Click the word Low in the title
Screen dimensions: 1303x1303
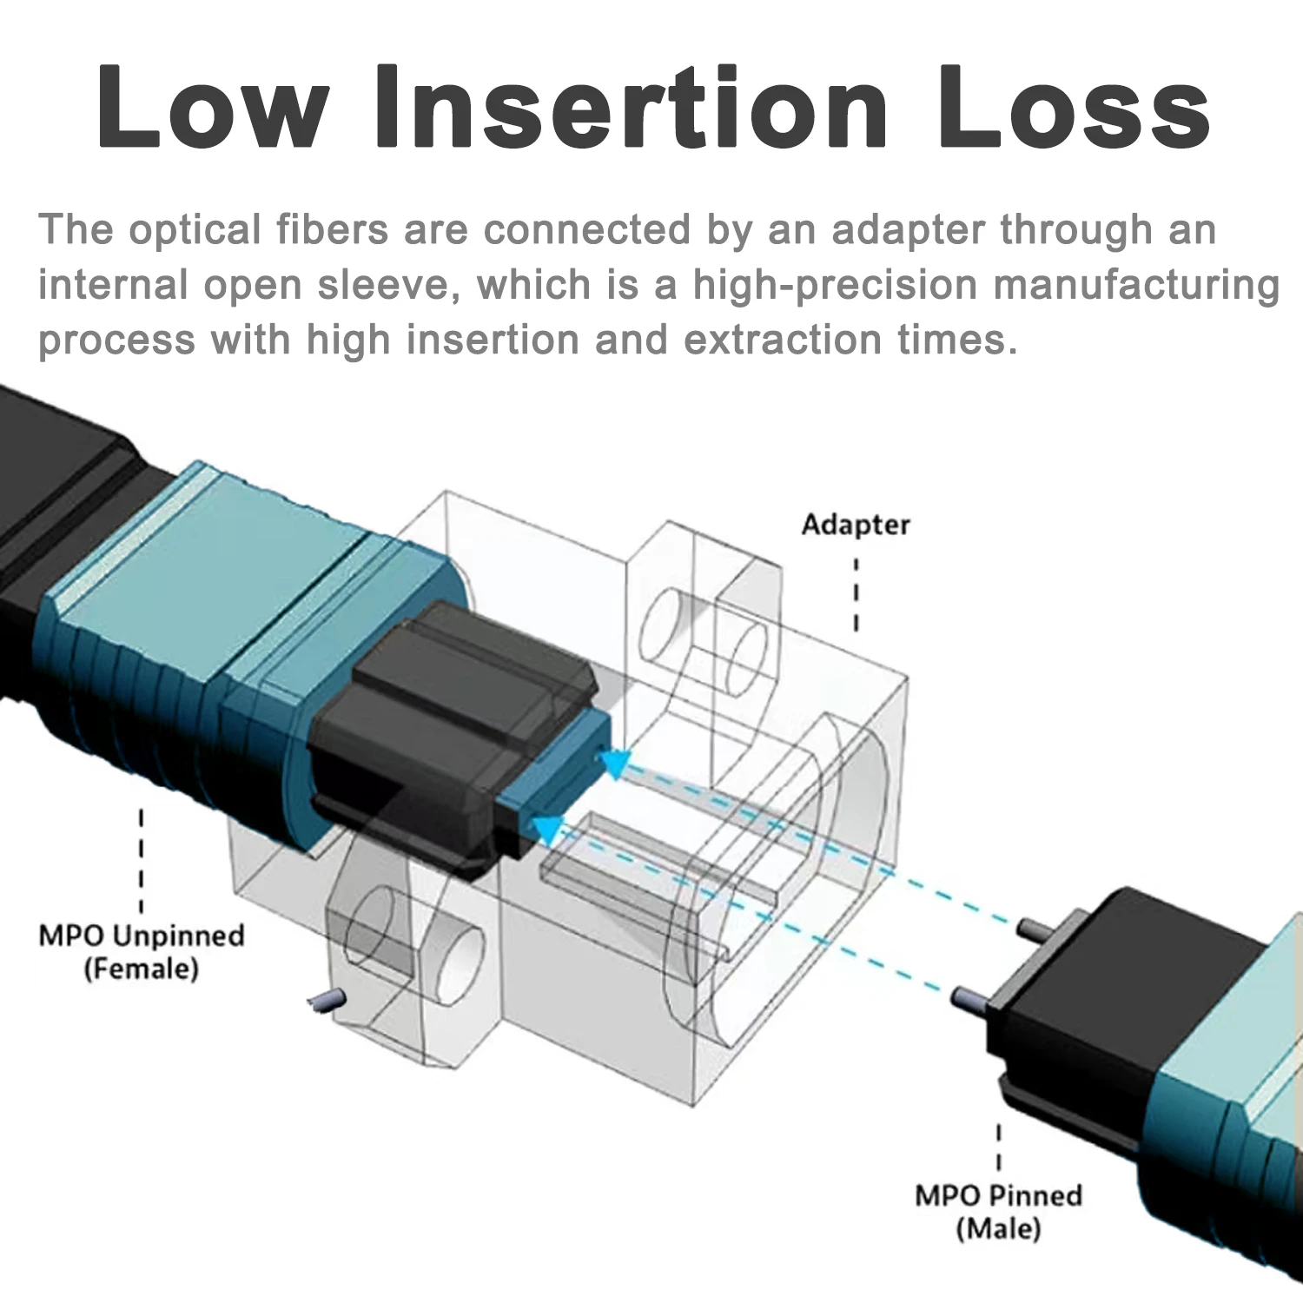(214, 106)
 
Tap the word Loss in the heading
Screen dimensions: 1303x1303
(1074, 106)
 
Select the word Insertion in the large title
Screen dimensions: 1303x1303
(633, 106)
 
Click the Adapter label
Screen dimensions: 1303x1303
(856, 525)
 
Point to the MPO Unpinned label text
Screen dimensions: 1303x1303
(142, 936)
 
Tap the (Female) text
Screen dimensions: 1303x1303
(142, 969)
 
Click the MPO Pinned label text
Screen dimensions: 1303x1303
(998, 1195)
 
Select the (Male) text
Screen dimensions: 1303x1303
(998, 1228)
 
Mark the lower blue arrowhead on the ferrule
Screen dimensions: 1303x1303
(547, 830)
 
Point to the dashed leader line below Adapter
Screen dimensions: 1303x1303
(857, 594)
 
